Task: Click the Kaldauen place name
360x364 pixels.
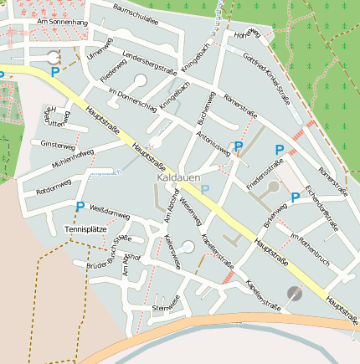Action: click(177, 179)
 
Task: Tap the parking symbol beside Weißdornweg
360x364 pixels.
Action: click(80, 207)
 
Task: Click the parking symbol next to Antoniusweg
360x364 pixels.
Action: click(239, 146)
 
